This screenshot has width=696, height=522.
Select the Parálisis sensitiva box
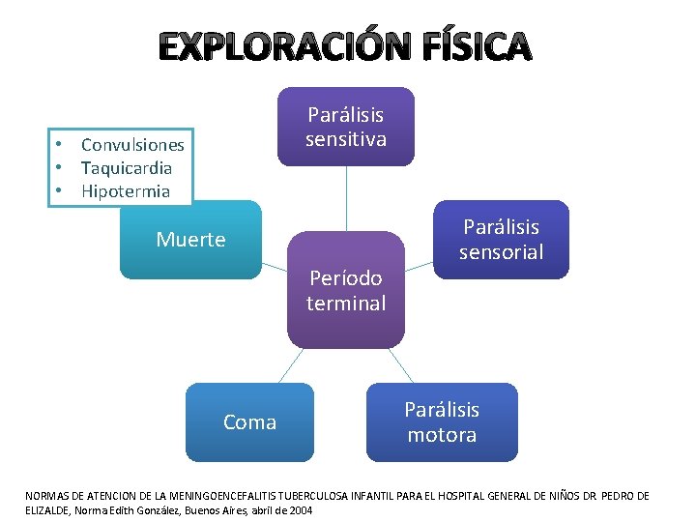point(346,127)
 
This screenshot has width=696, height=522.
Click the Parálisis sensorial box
point(501,239)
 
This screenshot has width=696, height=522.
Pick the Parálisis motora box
point(442,422)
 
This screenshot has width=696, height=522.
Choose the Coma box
point(249,422)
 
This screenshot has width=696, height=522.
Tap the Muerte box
point(190,240)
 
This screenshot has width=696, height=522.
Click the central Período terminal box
point(345,290)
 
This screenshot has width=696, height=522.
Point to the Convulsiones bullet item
point(132,145)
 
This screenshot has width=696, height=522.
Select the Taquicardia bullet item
point(127,168)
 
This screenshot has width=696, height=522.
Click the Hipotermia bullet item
point(126,191)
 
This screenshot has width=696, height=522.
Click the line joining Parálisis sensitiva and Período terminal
point(346,198)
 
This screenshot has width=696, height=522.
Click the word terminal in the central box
point(345,303)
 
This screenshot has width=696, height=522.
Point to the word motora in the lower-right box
point(442,435)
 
